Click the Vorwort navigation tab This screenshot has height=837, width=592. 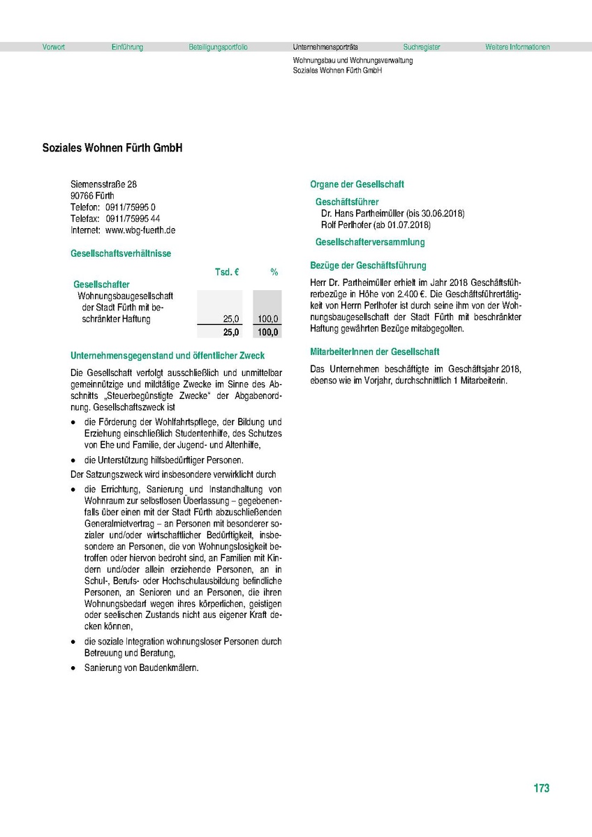click(x=54, y=47)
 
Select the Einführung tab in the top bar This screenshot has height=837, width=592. click(x=127, y=47)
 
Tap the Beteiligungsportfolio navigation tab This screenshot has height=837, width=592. click(x=218, y=47)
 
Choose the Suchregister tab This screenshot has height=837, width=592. click(x=422, y=47)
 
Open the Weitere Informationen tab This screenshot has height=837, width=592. click(x=517, y=47)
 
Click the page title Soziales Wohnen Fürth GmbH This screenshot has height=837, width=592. click(x=112, y=149)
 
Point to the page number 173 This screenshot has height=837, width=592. click(x=541, y=788)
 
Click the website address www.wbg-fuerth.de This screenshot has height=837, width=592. click(x=140, y=230)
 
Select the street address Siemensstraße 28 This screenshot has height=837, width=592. click(x=104, y=184)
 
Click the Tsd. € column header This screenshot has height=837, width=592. click(x=227, y=272)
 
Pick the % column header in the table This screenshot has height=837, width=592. click(x=274, y=272)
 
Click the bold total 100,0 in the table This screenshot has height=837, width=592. click(x=267, y=333)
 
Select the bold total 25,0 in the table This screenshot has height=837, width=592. click(x=231, y=333)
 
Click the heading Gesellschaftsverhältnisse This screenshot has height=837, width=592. click(x=121, y=254)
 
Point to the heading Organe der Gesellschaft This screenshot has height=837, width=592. click(x=357, y=185)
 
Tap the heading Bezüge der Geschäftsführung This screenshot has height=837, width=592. click(x=368, y=266)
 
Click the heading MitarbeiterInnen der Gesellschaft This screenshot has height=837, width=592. click(x=375, y=352)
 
